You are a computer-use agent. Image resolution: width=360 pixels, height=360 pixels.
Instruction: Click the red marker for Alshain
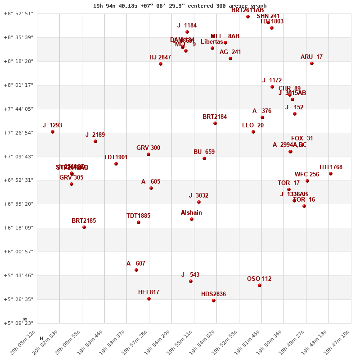192,219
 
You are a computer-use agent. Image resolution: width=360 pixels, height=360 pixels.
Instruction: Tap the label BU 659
204,152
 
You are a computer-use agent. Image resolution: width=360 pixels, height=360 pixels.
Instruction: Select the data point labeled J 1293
53,132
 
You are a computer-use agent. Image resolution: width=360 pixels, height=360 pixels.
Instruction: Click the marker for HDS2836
214,301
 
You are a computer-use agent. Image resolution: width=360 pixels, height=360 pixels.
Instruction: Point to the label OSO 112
259,279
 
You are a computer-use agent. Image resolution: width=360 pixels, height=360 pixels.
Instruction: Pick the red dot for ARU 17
312,63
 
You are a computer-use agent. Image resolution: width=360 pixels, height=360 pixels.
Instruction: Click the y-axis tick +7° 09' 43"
18,157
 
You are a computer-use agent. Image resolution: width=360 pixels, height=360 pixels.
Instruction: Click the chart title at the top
180,6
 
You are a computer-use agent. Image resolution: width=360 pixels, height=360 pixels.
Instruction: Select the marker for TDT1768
331,174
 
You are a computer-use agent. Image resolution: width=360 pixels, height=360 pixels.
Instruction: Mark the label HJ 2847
160,58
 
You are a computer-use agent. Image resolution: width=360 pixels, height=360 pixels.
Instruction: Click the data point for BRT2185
84,227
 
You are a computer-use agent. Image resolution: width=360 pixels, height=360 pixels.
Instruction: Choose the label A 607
136,264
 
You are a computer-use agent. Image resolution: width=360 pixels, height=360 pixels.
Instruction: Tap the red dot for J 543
191,281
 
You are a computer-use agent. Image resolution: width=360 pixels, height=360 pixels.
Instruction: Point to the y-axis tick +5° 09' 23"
18,323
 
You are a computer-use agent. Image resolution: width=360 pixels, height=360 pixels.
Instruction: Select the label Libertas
212,42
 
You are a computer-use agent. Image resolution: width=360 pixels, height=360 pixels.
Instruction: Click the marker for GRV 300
148,154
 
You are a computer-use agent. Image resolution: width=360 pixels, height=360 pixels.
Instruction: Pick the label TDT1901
116,157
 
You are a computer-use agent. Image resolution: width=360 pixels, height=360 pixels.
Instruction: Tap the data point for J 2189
95,141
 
